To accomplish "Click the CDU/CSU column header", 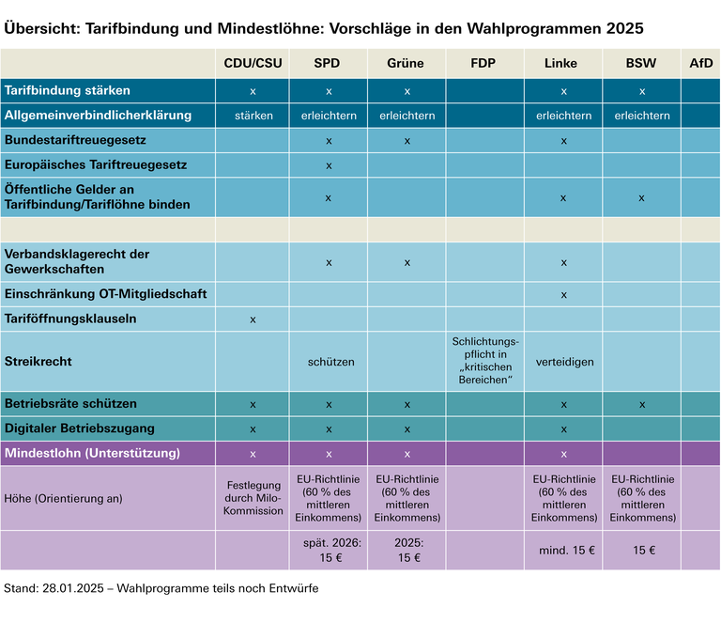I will click(x=253, y=64).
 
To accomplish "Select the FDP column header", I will click(x=484, y=64).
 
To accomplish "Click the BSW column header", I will click(x=641, y=64).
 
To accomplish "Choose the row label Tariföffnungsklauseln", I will click(x=70, y=319).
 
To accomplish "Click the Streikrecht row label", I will click(x=38, y=361).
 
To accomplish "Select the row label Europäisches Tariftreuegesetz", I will click(x=96, y=164).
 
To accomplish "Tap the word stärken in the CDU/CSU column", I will click(x=253, y=116).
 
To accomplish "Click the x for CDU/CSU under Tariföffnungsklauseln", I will click(x=253, y=319).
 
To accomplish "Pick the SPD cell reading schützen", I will click(x=329, y=361).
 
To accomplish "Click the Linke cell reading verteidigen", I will click(x=563, y=361).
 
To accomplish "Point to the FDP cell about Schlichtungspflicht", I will click(x=484, y=361).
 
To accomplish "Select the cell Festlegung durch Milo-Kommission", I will click(x=253, y=498).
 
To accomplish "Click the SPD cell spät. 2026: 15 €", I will click(x=329, y=550).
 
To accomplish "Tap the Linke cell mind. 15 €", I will click(x=563, y=550).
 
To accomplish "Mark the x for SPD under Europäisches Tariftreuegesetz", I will click(x=329, y=165).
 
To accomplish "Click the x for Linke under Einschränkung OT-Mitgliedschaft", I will click(x=563, y=294).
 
